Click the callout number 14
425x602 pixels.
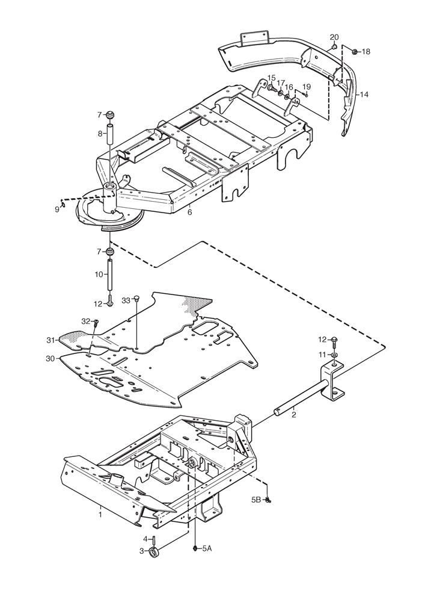pyautogui.click(x=364, y=94)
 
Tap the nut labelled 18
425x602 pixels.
pyautogui.click(x=355, y=51)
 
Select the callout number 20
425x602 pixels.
pyautogui.click(x=334, y=37)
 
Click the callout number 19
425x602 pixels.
pyautogui.click(x=307, y=86)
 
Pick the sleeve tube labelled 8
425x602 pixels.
pyautogui.click(x=109, y=134)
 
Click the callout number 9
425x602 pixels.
pyautogui.click(x=57, y=209)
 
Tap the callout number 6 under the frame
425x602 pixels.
pyautogui.click(x=190, y=212)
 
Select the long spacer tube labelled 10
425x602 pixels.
pyautogui.click(x=110, y=275)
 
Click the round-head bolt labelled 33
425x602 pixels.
pyautogui.click(x=137, y=299)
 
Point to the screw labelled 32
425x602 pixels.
pyautogui.click(x=96, y=323)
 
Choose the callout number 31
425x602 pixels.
pyautogui.click(x=51, y=340)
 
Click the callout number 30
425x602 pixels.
pyautogui.click(x=50, y=359)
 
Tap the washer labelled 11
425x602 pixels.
pyautogui.click(x=335, y=355)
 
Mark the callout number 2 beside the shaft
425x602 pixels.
pyautogui.click(x=294, y=415)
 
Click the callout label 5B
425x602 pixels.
pyautogui.click(x=257, y=500)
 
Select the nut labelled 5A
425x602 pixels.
pyautogui.click(x=195, y=548)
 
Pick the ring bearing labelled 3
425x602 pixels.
pyautogui.click(x=154, y=552)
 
